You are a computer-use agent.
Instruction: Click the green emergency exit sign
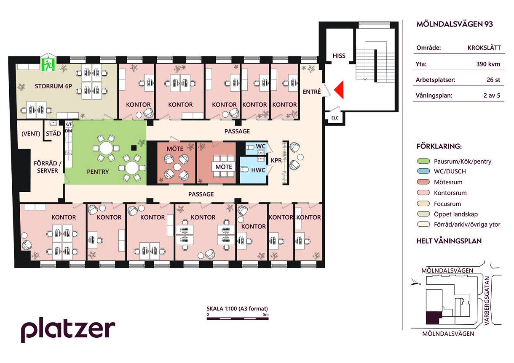[48, 65]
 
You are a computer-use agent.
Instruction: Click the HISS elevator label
[339, 56]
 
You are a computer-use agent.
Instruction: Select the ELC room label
[335, 118]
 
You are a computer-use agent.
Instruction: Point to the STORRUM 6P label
[53, 86]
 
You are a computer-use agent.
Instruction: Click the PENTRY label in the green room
[98, 172]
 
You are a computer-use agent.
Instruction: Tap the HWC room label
[258, 170]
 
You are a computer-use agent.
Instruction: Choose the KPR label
[276, 160]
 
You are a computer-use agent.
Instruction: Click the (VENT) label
[31, 133]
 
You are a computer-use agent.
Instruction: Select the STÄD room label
[53, 133]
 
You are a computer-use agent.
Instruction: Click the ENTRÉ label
[312, 92]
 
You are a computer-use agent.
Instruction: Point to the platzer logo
[68, 329]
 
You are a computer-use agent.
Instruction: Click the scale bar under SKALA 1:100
[238, 318]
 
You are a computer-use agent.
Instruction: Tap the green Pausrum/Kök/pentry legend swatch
[423, 161]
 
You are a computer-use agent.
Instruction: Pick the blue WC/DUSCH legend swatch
[423, 171]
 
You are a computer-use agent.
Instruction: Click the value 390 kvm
[488, 64]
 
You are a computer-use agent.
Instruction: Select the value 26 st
[493, 79]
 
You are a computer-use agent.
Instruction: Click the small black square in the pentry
[134, 148]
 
